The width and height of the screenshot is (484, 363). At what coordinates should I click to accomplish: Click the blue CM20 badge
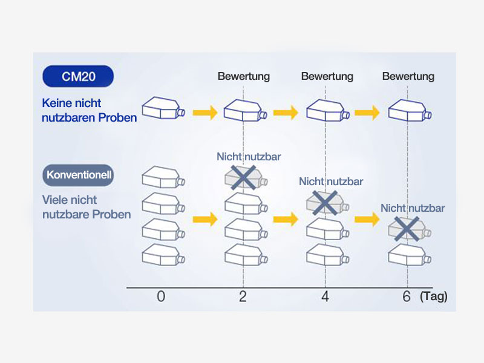78,76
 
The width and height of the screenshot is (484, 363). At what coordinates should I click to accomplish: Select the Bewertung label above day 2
243,77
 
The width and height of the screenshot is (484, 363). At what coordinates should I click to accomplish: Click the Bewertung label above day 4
327,77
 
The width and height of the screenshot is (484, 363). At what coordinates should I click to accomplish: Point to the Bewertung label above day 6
408,77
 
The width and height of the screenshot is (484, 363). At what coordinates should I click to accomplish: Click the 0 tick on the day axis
160,296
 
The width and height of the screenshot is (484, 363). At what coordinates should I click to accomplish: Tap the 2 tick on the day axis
243,296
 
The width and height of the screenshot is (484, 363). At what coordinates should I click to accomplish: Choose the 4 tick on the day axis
325,296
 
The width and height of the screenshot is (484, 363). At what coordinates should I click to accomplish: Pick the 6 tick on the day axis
407,296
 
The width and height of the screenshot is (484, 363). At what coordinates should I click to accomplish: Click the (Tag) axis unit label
433,297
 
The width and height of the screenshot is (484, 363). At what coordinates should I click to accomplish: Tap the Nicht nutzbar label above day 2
249,157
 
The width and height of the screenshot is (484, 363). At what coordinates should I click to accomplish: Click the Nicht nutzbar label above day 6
413,208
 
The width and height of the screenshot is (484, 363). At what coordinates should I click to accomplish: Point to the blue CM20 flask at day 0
163,111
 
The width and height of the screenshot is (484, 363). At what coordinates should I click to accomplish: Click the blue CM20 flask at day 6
408,111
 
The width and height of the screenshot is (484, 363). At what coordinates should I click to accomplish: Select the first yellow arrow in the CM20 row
204,112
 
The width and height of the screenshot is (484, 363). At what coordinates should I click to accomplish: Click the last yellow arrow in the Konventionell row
367,219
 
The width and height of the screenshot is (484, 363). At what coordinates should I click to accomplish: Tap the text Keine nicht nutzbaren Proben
90,111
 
